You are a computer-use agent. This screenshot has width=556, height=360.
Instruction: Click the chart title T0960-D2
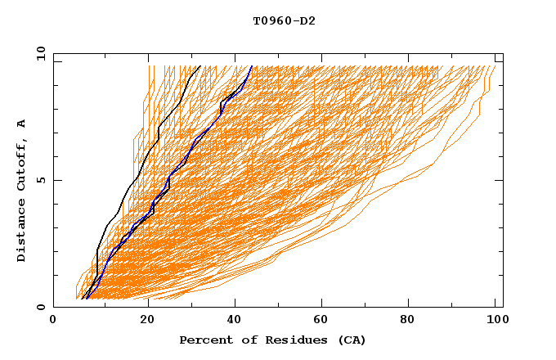pyautogui.click(x=284, y=20)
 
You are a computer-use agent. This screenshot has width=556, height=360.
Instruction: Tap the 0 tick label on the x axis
pyautogui.click(x=53, y=321)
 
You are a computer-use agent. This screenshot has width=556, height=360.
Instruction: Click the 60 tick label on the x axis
pyautogui.click(x=323, y=321)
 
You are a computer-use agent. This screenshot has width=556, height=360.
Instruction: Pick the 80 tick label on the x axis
pyautogui.click(x=413, y=321)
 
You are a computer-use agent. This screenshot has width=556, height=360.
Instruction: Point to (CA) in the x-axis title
pyautogui.click(x=352, y=340)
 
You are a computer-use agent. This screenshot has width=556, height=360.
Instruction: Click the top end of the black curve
pyautogui.click(x=199, y=66)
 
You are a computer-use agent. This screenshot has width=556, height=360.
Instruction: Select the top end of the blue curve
pyautogui.click(x=252, y=66)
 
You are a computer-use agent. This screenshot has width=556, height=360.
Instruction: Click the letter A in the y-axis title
pyautogui.click(x=22, y=124)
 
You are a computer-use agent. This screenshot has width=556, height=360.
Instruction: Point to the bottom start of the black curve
pyautogui.click(x=83, y=298)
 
